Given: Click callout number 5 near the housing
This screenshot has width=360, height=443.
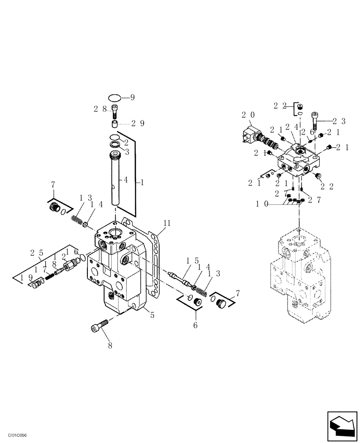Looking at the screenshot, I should click(x=152, y=315).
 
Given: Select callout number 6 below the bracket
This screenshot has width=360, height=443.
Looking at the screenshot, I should click(x=196, y=325).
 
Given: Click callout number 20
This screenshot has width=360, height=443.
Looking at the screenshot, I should click(x=248, y=115).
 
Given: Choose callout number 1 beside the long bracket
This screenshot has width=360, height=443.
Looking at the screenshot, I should click(x=142, y=182).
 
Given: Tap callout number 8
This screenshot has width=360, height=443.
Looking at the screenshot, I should click(x=110, y=345).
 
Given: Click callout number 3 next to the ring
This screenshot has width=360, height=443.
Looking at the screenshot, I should click(x=126, y=152).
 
